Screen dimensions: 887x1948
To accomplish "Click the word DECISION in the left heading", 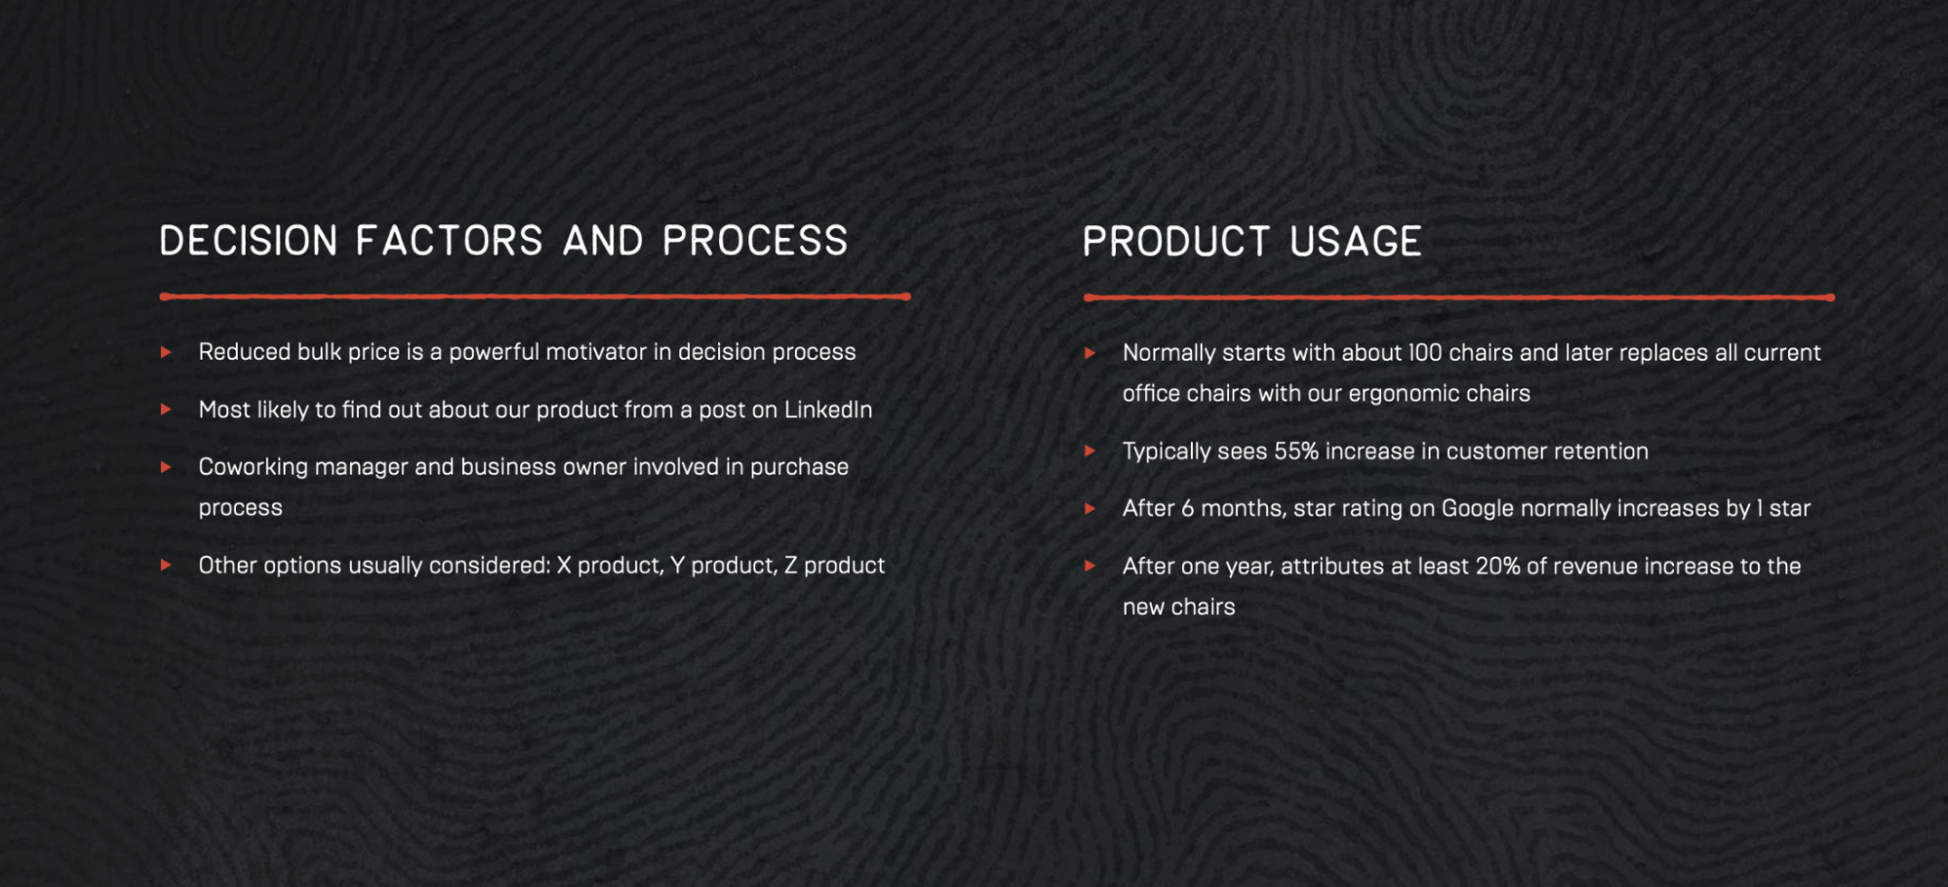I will tap(248, 242).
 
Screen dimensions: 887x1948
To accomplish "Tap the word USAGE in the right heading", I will tap(1356, 243).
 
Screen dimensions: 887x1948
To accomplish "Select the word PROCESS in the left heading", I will tap(755, 242).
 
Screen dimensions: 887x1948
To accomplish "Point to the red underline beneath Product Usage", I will tap(1459, 297).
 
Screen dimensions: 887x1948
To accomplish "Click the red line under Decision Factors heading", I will tap(535, 296).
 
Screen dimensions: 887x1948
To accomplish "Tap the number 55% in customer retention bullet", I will tap(1296, 451).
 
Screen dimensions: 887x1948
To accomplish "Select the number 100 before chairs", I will tap(1426, 353).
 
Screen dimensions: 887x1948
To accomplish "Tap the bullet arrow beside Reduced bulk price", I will tap(167, 352).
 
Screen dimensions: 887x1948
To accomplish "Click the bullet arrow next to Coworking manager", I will tap(167, 467).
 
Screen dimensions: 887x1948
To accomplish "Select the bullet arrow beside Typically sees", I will tap(1090, 451).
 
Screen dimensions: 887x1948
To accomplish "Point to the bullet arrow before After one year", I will tap(1090, 566).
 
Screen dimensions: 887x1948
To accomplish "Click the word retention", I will tap(1600, 451).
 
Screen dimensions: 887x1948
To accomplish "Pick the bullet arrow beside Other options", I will tap(167, 565).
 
